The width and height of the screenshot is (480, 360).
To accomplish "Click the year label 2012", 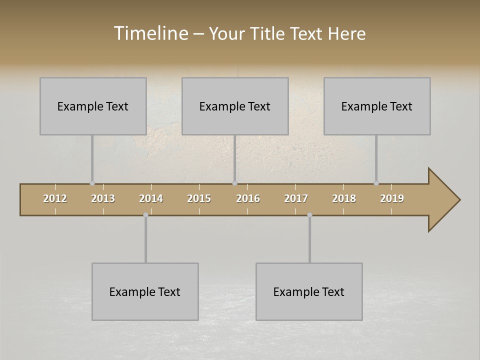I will (55, 198).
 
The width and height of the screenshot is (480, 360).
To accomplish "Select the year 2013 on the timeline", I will (103, 198).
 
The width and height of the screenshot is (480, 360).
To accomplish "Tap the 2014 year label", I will (151, 198).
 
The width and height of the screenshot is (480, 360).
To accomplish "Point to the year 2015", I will (199, 198).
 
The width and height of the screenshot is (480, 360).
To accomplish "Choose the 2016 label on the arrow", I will (248, 198).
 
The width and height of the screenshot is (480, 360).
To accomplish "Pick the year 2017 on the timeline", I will (296, 198).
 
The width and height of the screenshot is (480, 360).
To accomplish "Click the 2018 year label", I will (344, 198).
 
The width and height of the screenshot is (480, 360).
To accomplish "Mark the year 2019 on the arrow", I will (392, 198).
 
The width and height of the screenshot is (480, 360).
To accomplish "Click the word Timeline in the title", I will (150, 33).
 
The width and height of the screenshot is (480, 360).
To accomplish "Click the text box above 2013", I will (93, 106).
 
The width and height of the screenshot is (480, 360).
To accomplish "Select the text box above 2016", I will (235, 106).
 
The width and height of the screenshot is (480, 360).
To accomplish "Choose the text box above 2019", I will (377, 106).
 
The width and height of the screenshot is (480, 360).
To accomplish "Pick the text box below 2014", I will (145, 291).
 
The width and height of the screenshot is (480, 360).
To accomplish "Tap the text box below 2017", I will (309, 291).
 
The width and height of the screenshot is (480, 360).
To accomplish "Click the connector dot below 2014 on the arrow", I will (145, 215).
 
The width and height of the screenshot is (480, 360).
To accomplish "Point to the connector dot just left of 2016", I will (234, 183).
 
